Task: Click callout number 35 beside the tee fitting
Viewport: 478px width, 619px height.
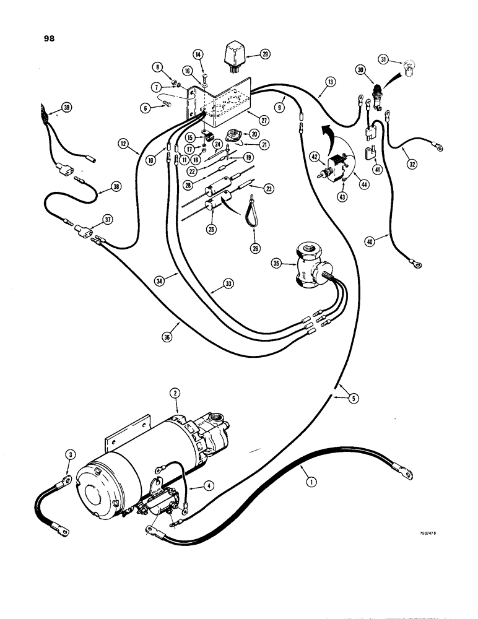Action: click(276, 263)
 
